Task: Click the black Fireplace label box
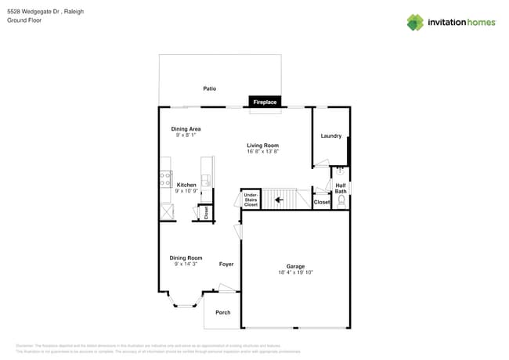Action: click(265, 102)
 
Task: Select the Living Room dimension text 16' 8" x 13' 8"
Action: click(263, 151)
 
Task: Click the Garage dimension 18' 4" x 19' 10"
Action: click(295, 272)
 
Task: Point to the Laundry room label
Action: click(330, 136)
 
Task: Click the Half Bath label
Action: click(341, 189)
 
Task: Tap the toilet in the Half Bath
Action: click(341, 201)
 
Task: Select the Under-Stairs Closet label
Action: click(251, 200)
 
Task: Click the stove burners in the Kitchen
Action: click(165, 178)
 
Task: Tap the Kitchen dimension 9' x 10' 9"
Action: click(186, 190)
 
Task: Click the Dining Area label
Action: click(186, 128)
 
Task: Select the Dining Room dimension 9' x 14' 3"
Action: click(186, 264)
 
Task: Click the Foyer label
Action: click(226, 264)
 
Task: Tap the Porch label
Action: click(223, 312)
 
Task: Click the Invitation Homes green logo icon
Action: click(414, 22)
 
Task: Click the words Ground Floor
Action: click(23, 22)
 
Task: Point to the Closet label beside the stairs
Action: click(322, 202)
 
